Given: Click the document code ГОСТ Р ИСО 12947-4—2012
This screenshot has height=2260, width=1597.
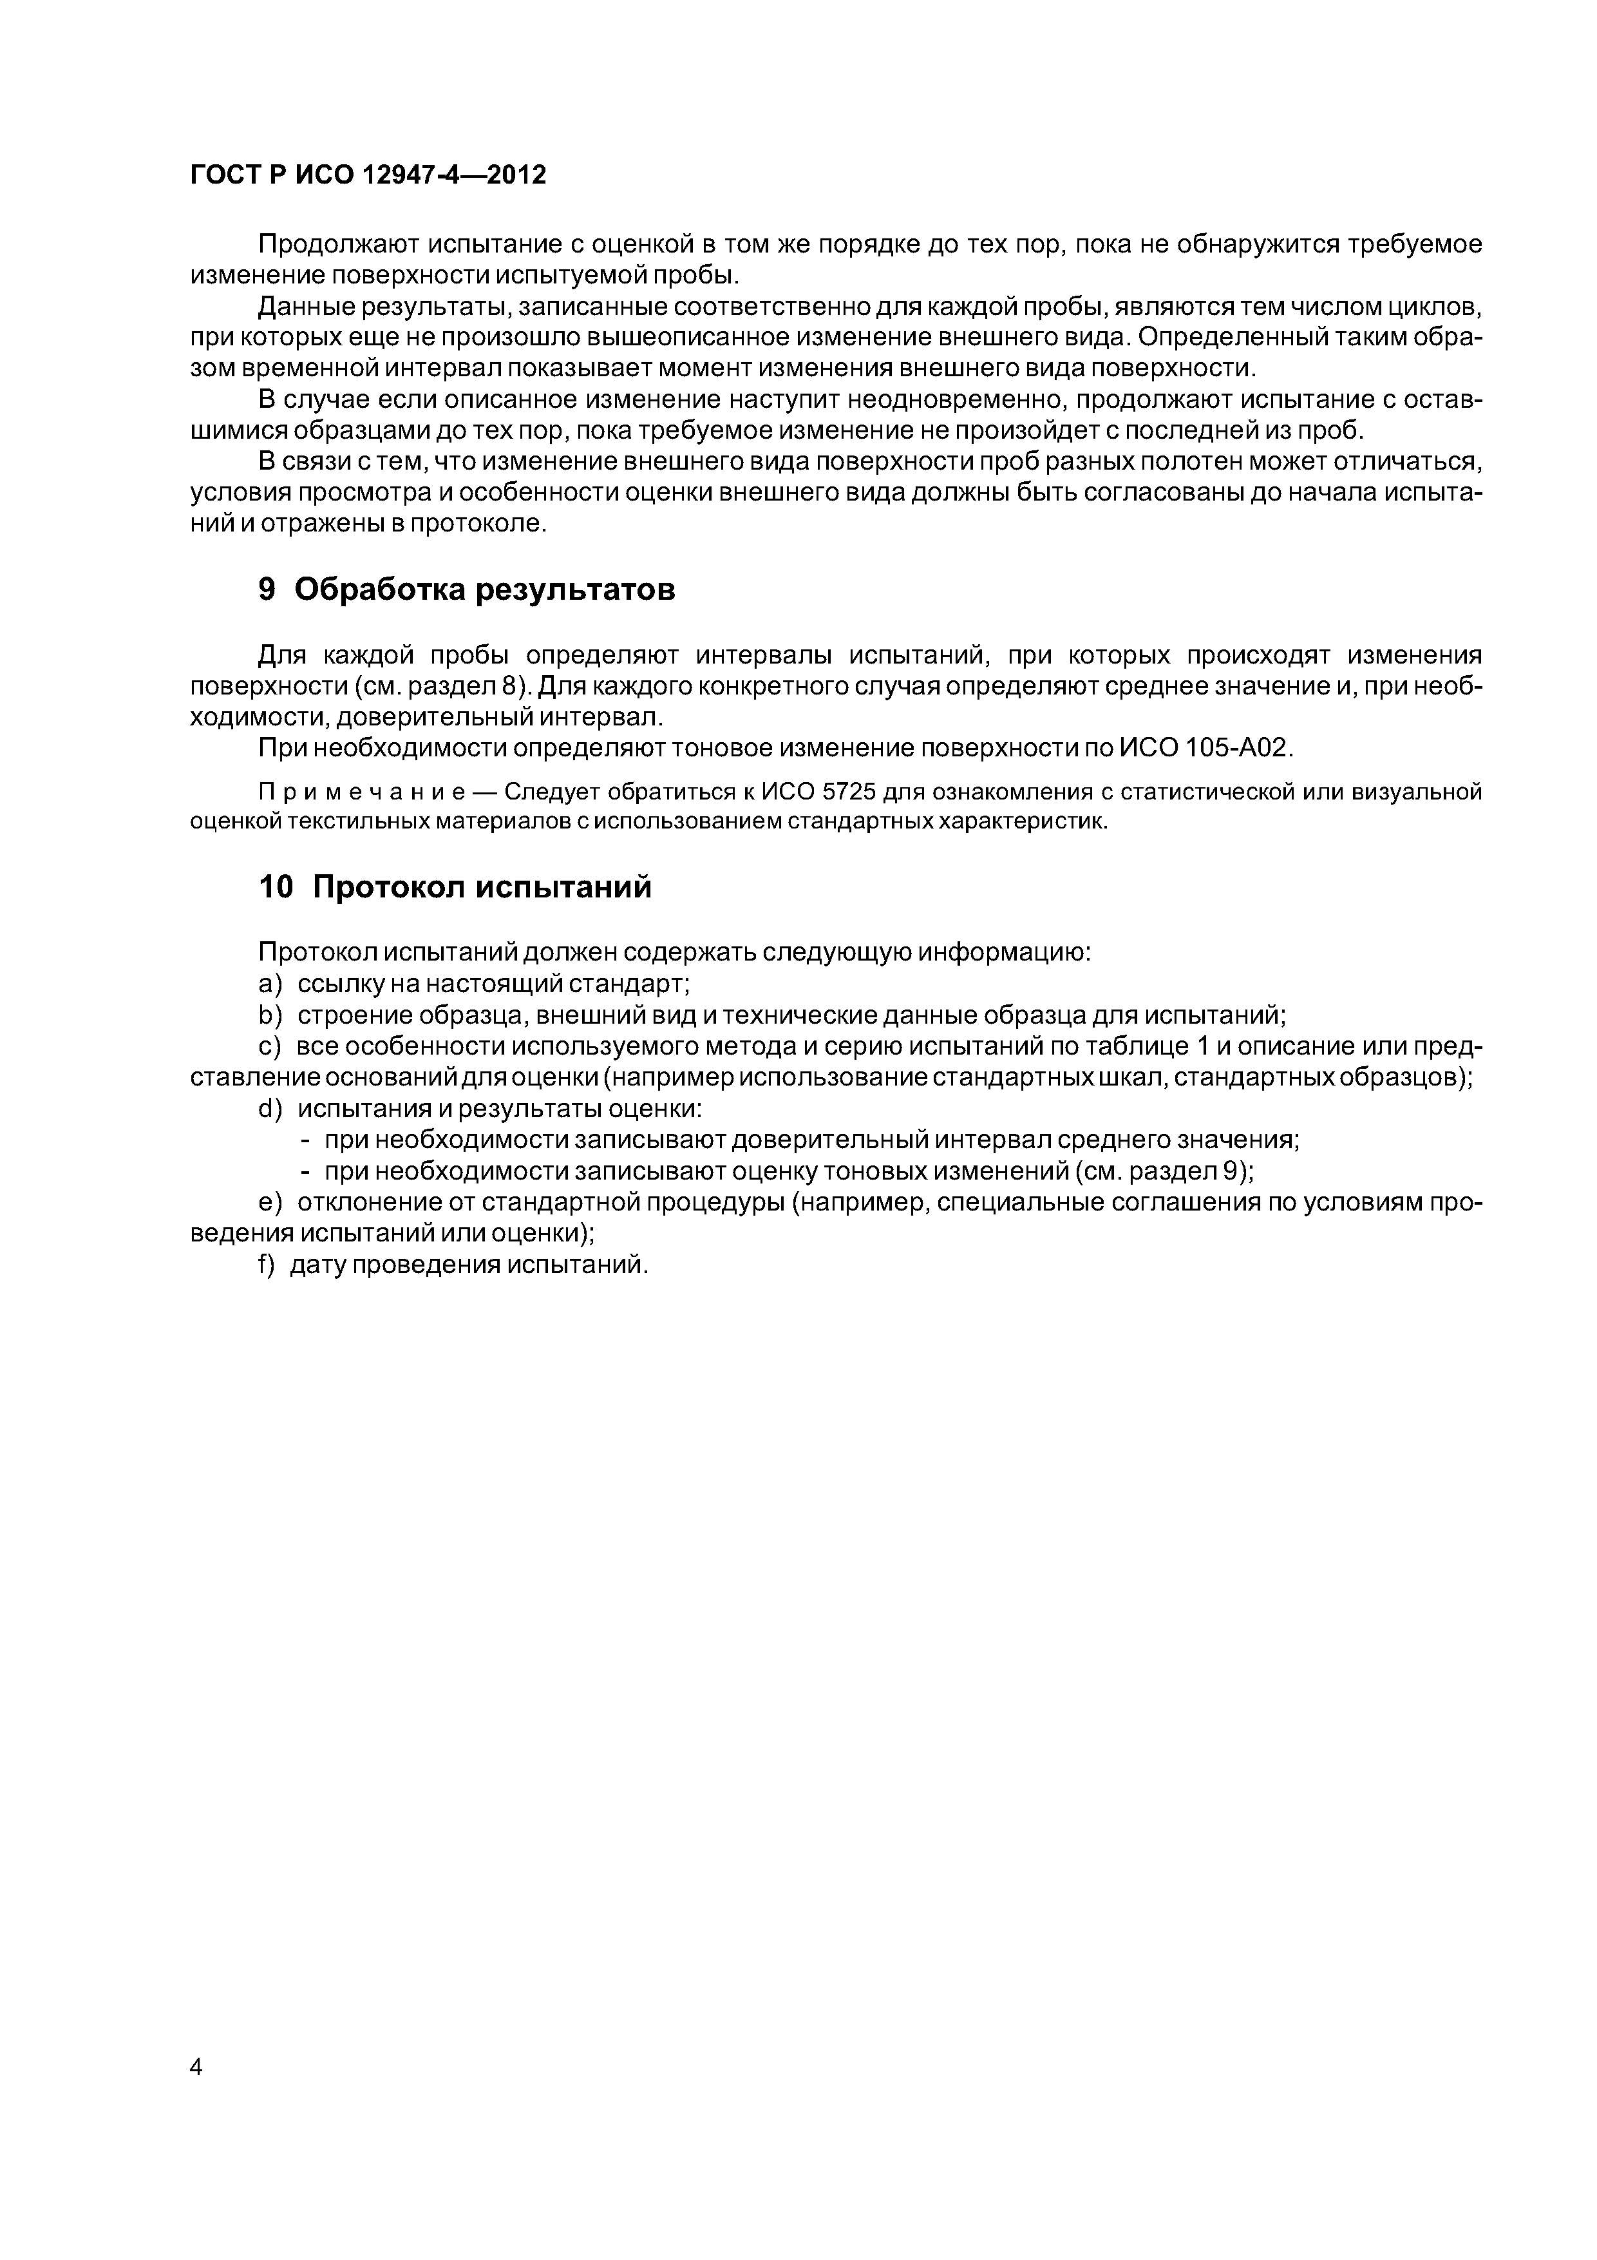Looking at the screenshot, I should pos(367,175).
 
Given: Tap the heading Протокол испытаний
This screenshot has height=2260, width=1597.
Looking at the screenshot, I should pos(482,887).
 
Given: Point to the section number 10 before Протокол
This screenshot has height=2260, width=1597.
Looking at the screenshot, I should pos(276,887).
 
